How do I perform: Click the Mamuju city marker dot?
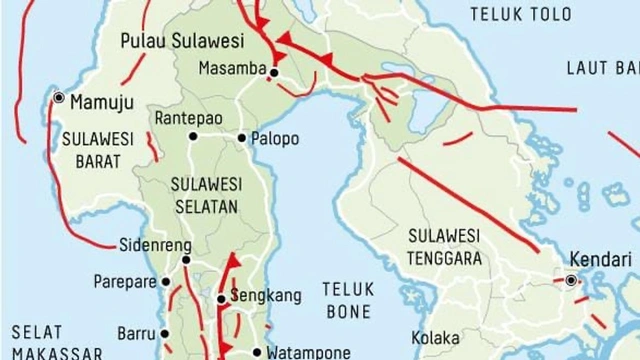coord(60,98)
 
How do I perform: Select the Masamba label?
coord(226,69)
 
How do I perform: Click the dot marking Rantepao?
coord(193,137)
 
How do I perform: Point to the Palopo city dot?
coord(241,138)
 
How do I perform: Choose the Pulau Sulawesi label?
coord(182,41)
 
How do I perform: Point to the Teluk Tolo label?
coord(508,15)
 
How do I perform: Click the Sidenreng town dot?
coord(185,260)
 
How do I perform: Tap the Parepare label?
coord(125,282)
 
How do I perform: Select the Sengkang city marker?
coord(221,298)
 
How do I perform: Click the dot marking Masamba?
coord(272,70)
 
